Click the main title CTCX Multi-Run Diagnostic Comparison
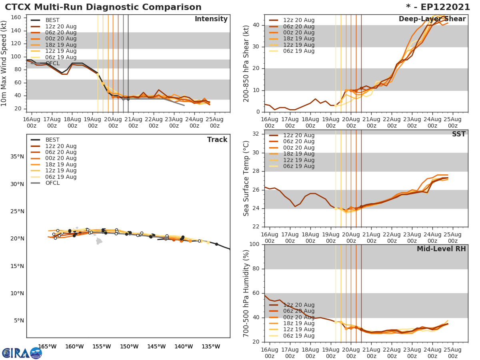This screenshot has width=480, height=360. pyautogui.click(x=103, y=7)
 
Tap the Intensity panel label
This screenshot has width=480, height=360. pyautogui.click(x=211, y=19)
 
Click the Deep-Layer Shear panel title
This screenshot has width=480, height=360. pyautogui.click(x=432, y=19)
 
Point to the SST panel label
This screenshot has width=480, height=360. pyautogui.click(x=458, y=134)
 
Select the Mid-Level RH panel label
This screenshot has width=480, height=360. pyautogui.click(x=441, y=249)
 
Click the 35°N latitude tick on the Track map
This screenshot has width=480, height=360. pyautogui.click(x=17, y=156)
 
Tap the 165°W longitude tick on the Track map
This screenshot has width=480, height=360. pyautogui.click(x=47, y=346)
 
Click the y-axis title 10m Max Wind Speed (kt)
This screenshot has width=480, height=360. pyautogui.click(x=4, y=64)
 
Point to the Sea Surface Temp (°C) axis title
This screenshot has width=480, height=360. pyautogui.click(x=246, y=178)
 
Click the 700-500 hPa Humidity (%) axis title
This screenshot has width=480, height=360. pyautogui.click(x=246, y=293)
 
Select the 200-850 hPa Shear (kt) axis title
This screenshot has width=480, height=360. pyautogui.click(x=246, y=64)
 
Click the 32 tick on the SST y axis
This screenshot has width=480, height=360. pyautogui.click(x=256, y=134)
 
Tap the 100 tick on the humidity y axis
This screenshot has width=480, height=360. pyautogui.click(x=254, y=244)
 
